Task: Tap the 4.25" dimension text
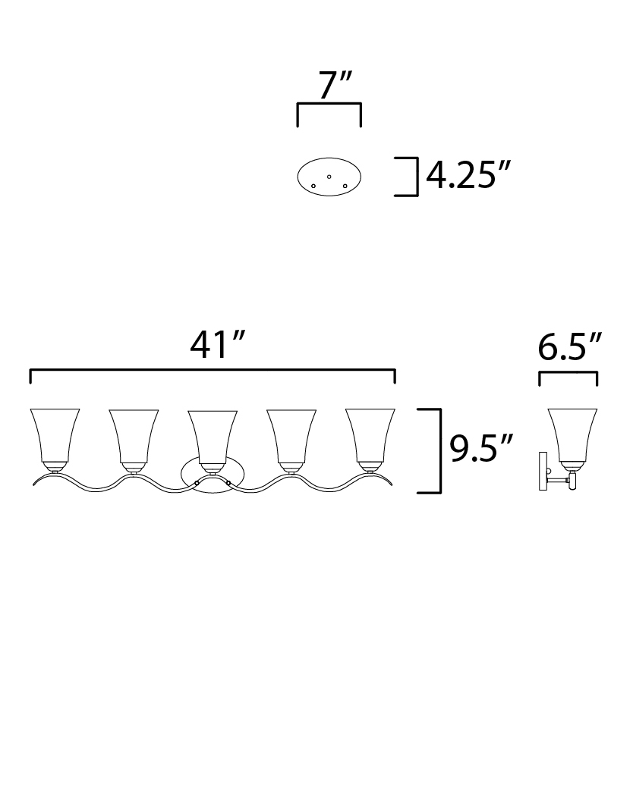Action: pyautogui.click(x=468, y=175)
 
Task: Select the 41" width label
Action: pyautogui.click(x=217, y=345)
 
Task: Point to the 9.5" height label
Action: pyautogui.click(x=480, y=448)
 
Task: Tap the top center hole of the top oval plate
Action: pyautogui.click(x=329, y=177)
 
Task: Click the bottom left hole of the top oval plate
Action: pyautogui.click(x=313, y=186)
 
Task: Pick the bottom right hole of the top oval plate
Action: pyautogui.click(x=345, y=186)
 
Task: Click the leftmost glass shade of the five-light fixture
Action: pyautogui.click(x=55, y=435)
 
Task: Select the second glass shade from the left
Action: pyautogui.click(x=134, y=436)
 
